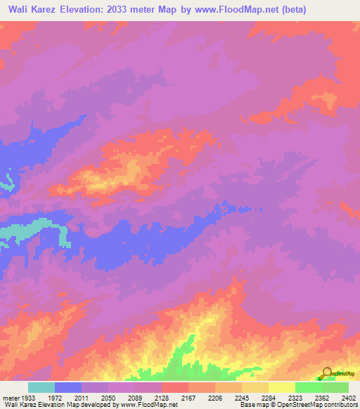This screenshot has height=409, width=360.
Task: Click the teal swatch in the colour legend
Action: pyautogui.click(x=41, y=387)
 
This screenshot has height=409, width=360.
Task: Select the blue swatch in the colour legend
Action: pyautogui.click(x=68, y=387)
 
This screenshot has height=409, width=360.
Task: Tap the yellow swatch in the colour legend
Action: pyautogui.click(x=281, y=387)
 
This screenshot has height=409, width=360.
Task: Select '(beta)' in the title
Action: pyautogui.click(x=291, y=10)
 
